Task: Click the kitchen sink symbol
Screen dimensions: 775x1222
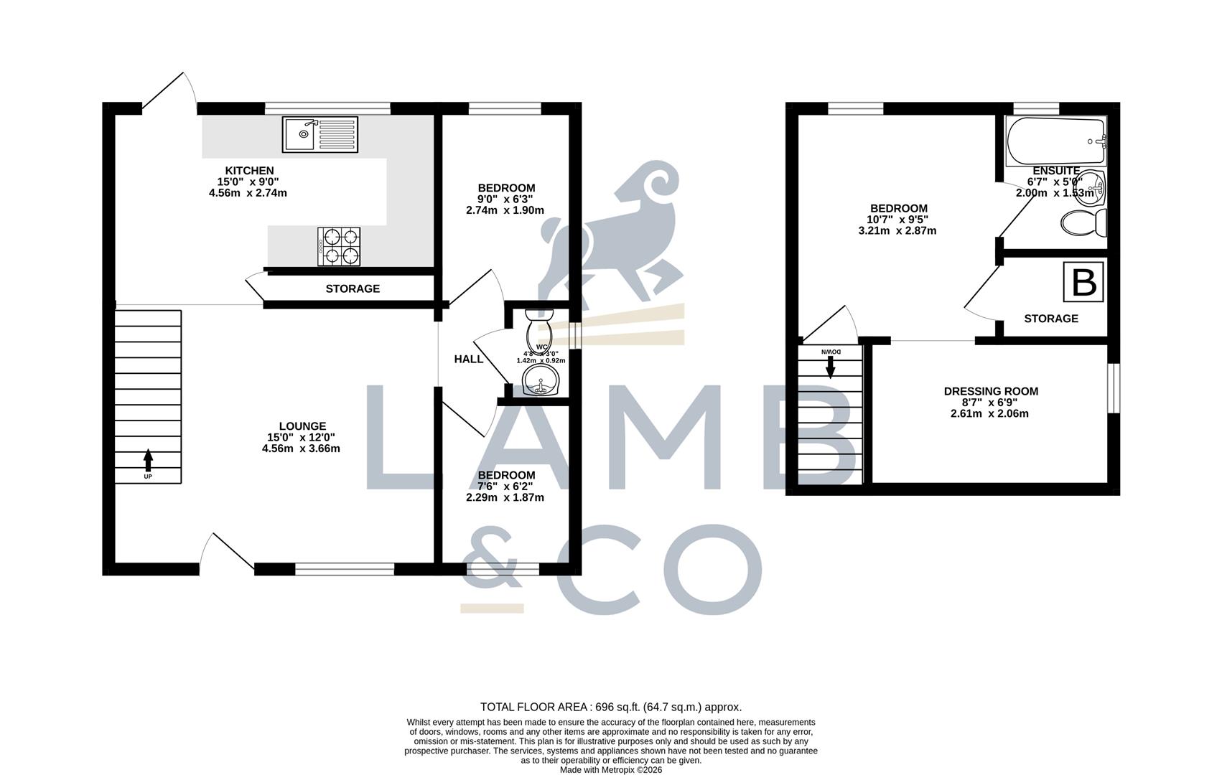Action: pos(320,134)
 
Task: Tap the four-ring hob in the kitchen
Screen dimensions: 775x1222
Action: pos(339,246)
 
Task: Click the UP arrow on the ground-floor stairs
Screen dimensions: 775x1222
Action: pos(148,459)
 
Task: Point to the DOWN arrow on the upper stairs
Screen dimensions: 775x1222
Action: pos(831,366)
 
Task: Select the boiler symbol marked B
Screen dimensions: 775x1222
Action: pos(1083,283)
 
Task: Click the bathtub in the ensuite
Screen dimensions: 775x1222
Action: pos(1055,141)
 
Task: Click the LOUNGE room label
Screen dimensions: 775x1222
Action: pos(302,426)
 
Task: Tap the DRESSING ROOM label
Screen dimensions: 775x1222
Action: pos(991,392)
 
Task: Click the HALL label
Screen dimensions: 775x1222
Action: pos(468,359)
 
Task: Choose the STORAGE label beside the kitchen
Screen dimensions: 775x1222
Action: pos(353,288)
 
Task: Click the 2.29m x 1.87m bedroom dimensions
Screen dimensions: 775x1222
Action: pos(505,497)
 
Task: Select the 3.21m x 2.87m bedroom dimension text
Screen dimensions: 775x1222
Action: pos(897,231)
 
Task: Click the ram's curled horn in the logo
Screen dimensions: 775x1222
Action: pos(655,182)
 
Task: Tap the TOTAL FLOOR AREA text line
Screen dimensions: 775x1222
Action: pos(610,707)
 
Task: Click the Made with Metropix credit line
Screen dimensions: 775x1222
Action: pos(610,770)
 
